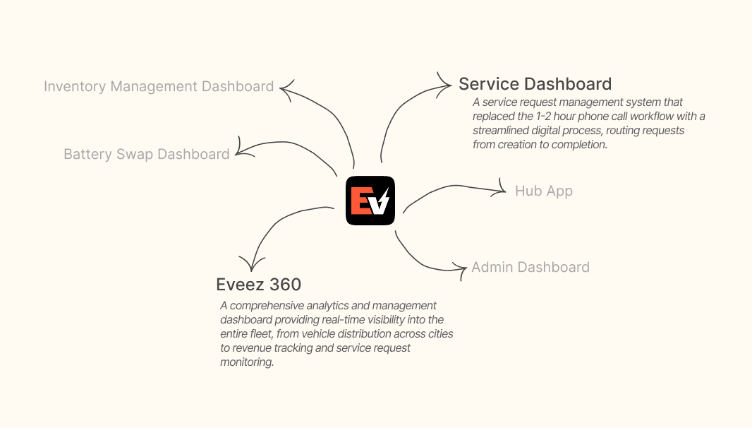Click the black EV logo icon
(370, 201)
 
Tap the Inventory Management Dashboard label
(159, 87)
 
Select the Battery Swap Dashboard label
(147, 154)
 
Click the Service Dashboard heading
(535, 84)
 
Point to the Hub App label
(543, 191)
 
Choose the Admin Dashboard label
(530, 267)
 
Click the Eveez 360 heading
(258, 285)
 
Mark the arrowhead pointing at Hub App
(503, 189)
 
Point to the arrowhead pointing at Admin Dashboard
(463, 269)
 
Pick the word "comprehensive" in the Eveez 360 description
(267, 306)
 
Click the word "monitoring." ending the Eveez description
(246, 362)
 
